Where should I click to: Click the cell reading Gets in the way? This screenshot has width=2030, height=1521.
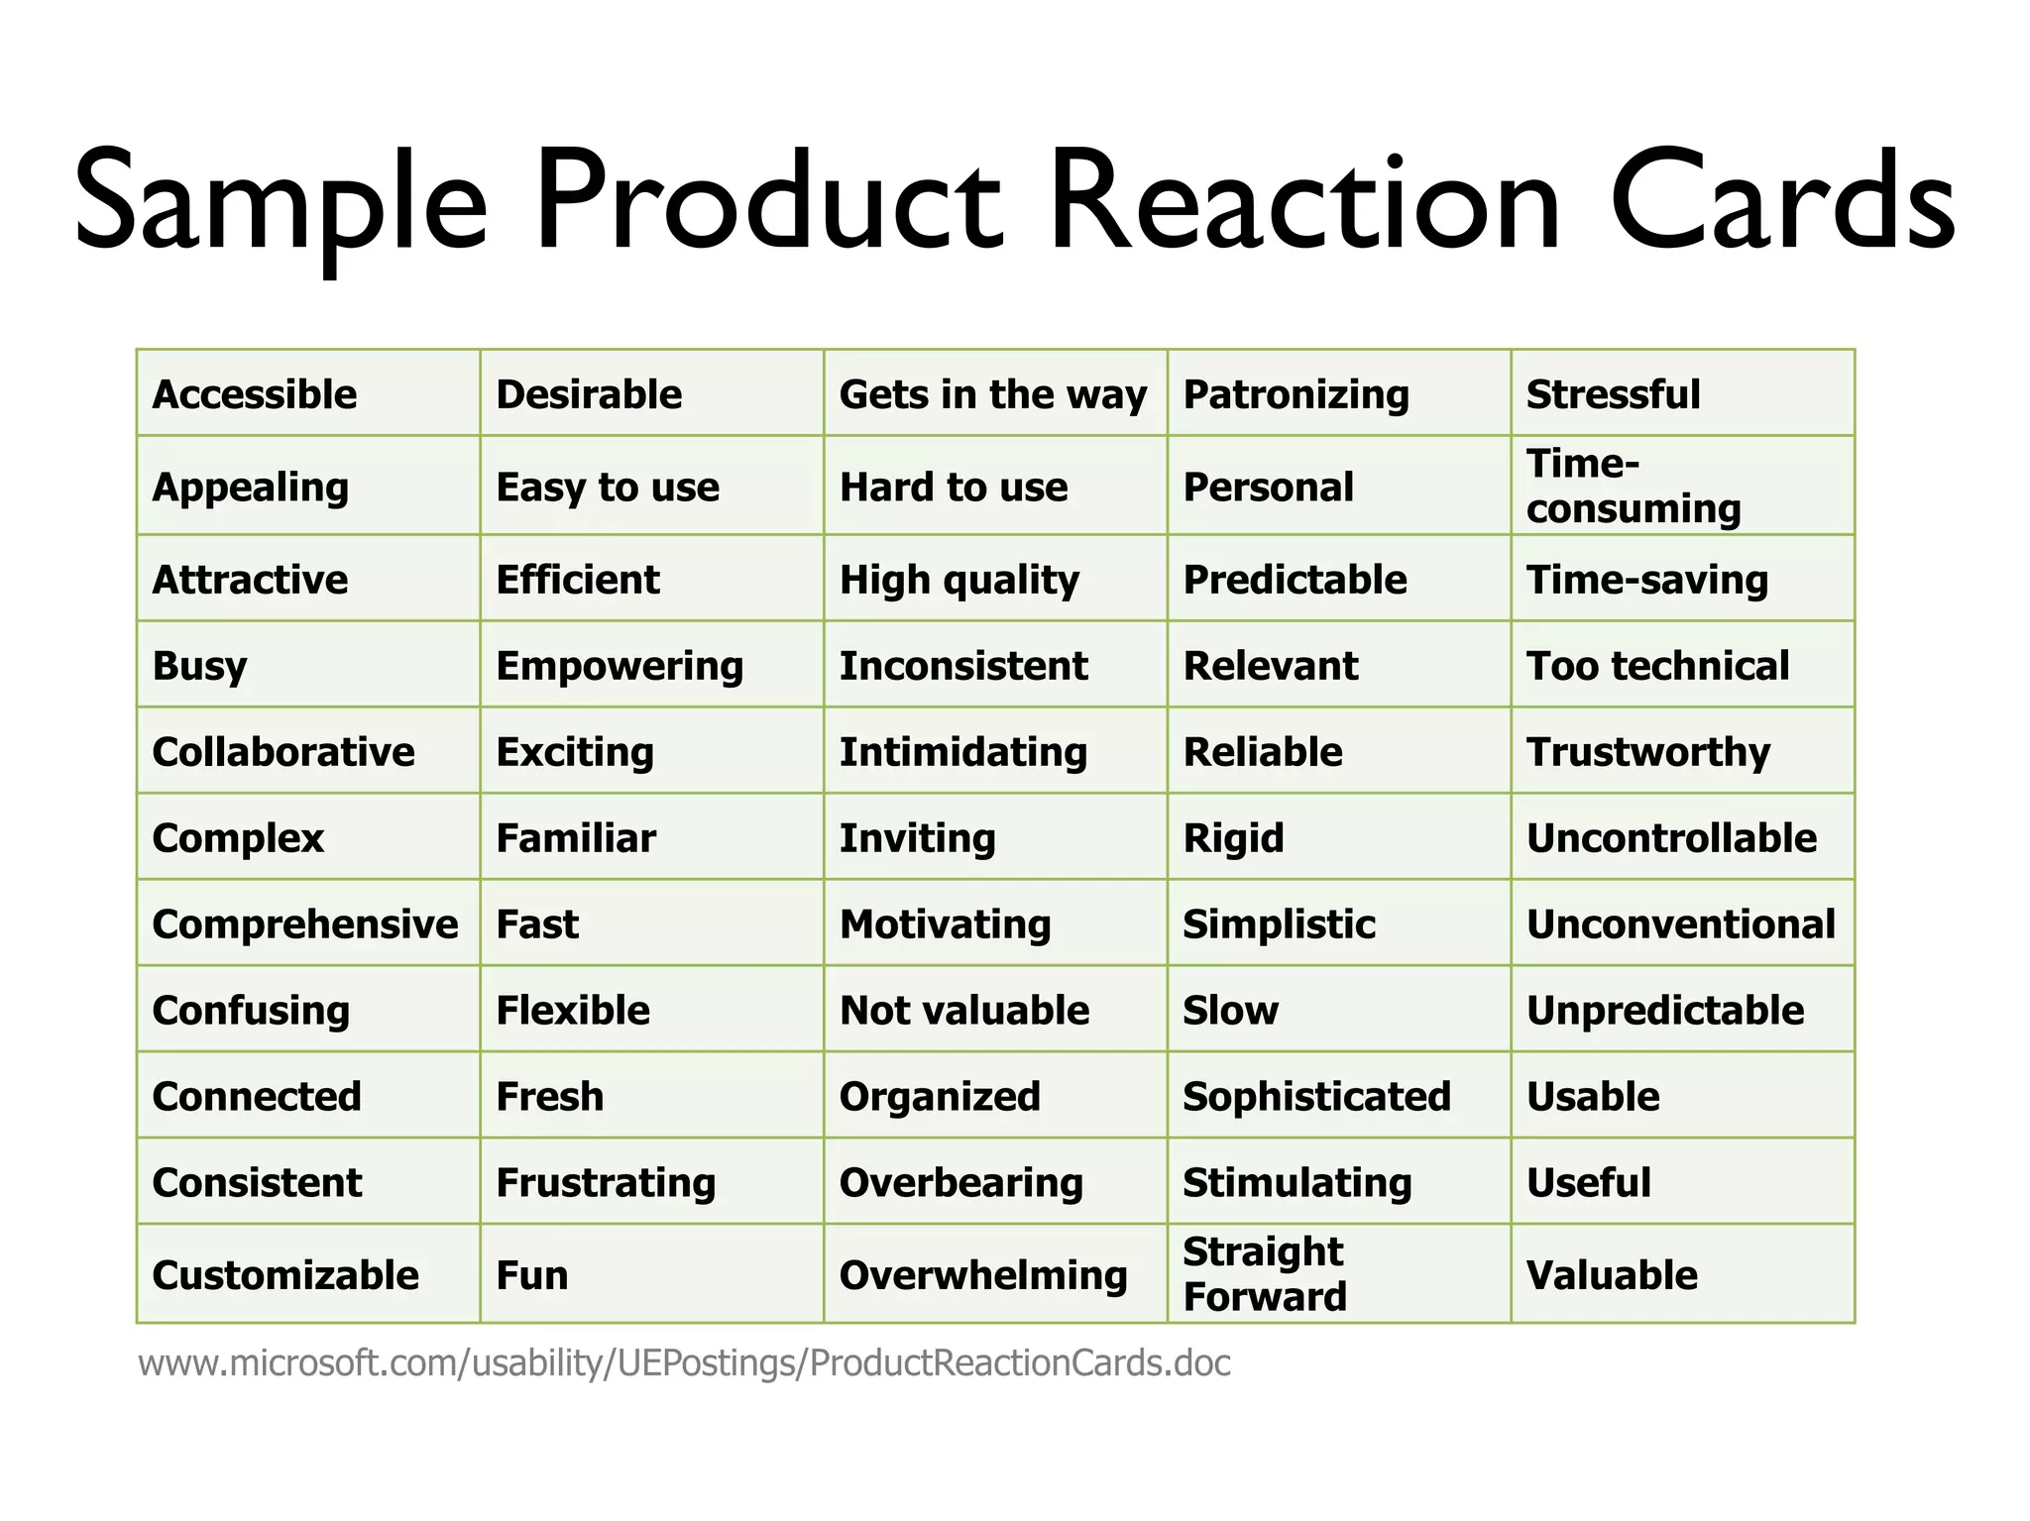tap(993, 394)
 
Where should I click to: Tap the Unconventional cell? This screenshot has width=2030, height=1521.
tap(1681, 924)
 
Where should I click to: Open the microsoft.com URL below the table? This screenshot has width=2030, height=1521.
tap(684, 1363)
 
